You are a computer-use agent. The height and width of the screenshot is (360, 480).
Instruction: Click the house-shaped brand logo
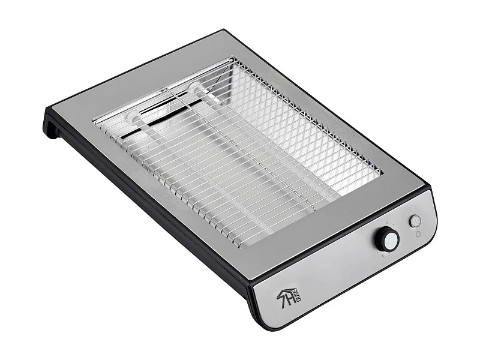click(x=288, y=296)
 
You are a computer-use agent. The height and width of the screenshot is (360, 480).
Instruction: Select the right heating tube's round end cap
click(x=195, y=88)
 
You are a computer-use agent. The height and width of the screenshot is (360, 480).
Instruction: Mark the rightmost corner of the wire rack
click(x=382, y=174)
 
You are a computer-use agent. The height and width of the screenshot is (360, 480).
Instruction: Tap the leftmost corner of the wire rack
click(x=94, y=121)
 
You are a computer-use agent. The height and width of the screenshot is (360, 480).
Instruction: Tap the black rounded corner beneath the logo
click(x=264, y=321)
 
